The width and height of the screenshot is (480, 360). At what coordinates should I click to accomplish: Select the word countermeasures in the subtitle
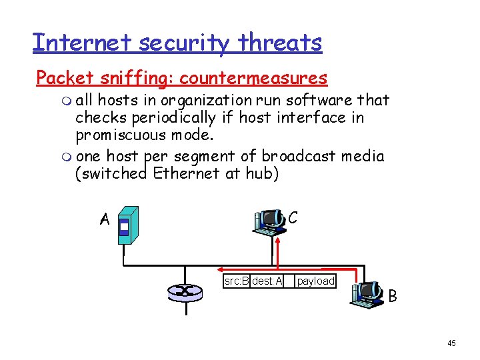tap(253, 78)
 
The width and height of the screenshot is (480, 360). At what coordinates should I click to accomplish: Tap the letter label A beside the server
tap(104, 219)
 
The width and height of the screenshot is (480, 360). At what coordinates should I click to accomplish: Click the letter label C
tap(293, 217)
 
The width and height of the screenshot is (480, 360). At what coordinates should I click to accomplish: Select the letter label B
tap(393, 295)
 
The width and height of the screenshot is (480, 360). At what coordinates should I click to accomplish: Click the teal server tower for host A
tap(127, 225)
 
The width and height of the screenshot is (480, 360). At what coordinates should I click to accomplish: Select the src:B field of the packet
tap(237, 281)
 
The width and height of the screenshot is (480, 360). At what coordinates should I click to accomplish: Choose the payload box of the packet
tap(315, 281)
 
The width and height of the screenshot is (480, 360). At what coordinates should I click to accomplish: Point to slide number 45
tap(451, 343)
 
